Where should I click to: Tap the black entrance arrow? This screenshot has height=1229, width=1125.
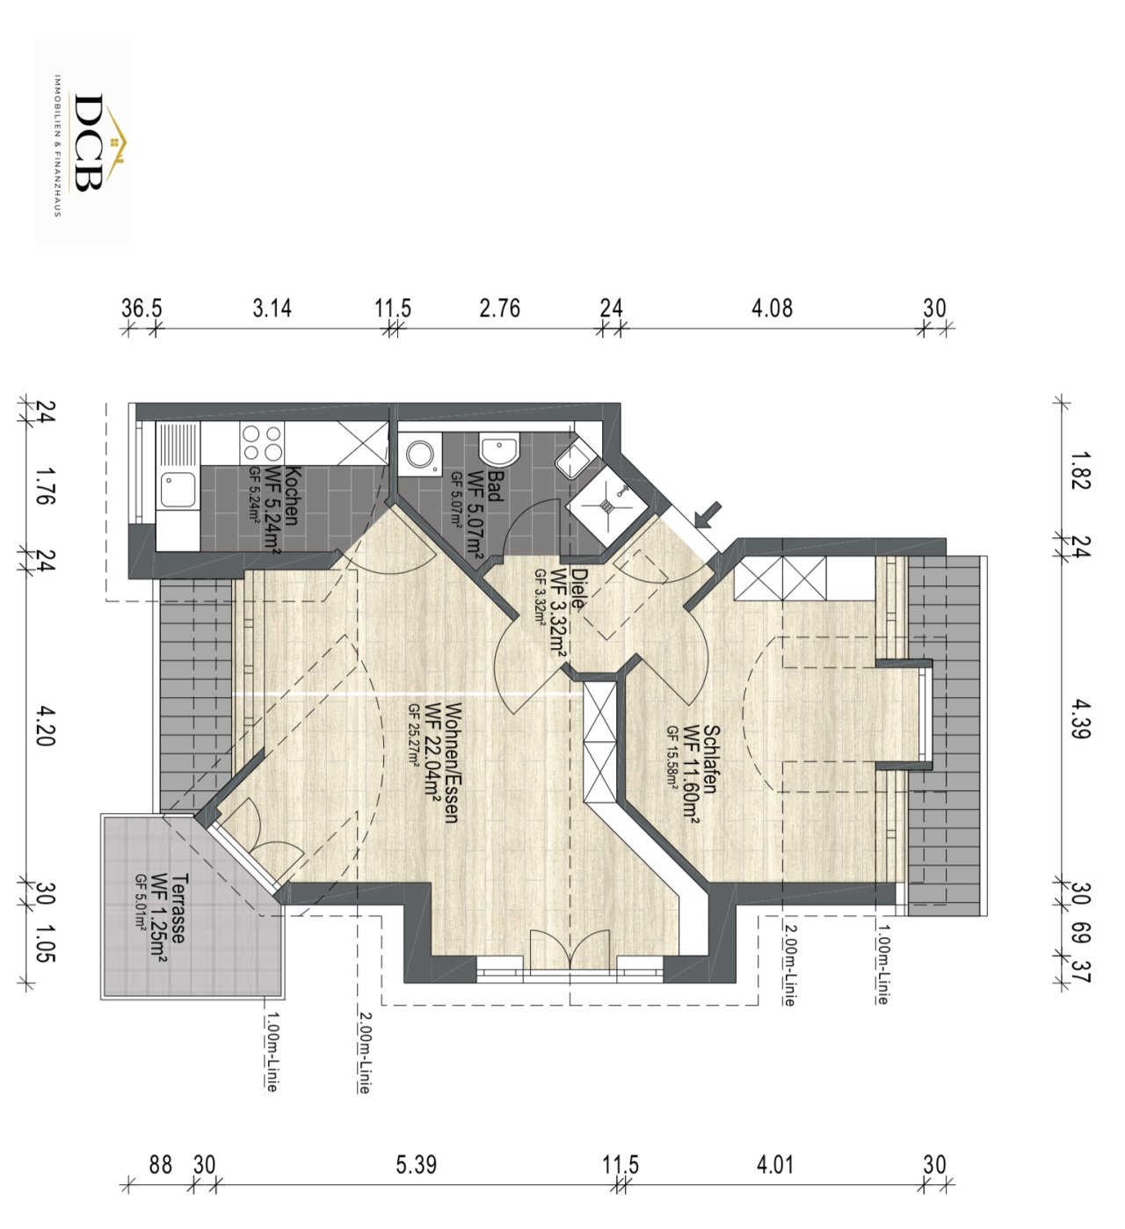tap(708, 514)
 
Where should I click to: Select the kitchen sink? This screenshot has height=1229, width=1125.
tap(178, 491)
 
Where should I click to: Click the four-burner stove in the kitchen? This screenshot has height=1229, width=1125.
tap(262, 444)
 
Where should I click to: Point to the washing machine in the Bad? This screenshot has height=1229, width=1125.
tap(421, 454)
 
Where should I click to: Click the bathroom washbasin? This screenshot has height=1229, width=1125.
tap(499, 450)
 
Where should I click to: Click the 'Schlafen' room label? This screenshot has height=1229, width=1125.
tap(710, 759)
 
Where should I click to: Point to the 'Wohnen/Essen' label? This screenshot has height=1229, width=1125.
tap(452, 762)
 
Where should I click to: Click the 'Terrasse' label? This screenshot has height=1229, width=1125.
tap(179, 907)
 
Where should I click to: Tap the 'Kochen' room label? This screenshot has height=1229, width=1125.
tap(293, 496)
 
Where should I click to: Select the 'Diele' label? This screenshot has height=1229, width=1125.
tap(577, 588)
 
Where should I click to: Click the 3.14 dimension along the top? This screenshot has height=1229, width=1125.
tap(272, 308)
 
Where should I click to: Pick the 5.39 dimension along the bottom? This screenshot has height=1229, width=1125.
tap(416, 1164)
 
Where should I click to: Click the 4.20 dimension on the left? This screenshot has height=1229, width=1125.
tap(46, 726)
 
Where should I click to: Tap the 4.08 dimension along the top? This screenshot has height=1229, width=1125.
tap(772, 308)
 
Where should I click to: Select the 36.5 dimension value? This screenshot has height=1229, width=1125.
tap(142, 308)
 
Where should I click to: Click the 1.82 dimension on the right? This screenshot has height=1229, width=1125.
tap(1079, 470)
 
